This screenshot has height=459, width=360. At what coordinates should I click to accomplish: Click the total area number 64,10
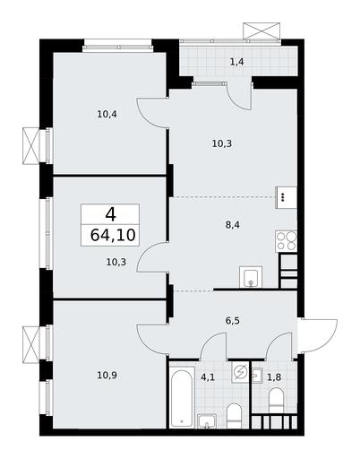[113, 235]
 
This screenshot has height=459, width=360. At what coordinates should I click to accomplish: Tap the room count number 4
[110, 214]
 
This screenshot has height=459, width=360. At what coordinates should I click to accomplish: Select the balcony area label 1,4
[236, 62]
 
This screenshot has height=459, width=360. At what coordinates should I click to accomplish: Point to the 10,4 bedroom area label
[107, 114]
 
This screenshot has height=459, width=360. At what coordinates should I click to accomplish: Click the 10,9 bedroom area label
[107, 375]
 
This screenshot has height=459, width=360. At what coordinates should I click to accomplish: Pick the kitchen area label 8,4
[233, 225]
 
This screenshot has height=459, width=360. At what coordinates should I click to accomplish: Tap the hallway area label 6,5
[233, 321]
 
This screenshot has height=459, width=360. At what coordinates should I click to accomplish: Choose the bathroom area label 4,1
[208, 377]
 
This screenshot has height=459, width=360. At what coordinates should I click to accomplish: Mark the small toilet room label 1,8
[274, 377]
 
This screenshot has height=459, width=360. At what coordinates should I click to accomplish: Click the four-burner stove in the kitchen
[286, 241]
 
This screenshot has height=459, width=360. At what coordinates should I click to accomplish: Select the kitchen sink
[251, 277]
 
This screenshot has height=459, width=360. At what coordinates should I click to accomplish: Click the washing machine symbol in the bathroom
[240, 372]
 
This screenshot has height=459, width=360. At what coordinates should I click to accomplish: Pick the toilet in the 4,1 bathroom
[235, 416]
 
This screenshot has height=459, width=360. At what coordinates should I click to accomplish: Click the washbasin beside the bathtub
[207, 420]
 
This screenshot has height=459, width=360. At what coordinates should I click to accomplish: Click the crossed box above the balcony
[261, 30]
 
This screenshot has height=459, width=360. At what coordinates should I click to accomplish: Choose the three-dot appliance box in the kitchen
[286, 197]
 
